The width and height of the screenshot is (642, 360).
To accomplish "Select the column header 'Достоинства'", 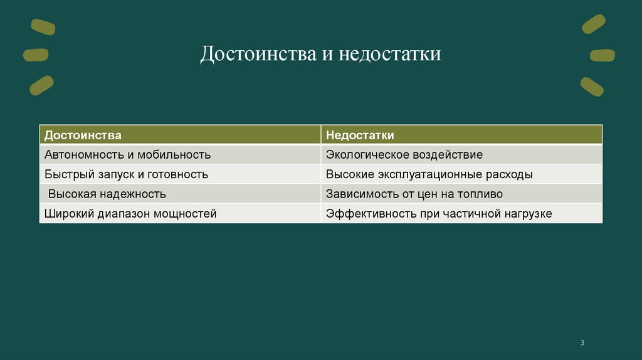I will click(x=83, y=135).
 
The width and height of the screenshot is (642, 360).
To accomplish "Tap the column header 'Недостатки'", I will click(x=360, y=135).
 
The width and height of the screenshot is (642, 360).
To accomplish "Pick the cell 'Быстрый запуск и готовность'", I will click(x=126, y=174).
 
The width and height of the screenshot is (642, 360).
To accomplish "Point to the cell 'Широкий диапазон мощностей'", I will click(x=130, y=214).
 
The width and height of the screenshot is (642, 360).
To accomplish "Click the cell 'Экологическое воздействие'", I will click(x=404, y=154).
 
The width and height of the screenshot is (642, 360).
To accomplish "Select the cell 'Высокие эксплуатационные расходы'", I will click(x=429, y=174).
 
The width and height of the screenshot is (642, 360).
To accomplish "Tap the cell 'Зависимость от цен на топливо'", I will click(x=414, y=194).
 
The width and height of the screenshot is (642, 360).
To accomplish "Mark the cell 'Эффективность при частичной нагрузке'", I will click(x=438, y=214).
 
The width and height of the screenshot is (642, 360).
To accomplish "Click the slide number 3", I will click(x=582, y=342).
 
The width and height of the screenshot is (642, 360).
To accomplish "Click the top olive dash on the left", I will click(x=43, y=26).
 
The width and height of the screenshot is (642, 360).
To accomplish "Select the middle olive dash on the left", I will click(x=36, y=55).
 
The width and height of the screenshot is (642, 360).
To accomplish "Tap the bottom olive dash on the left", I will click(x=41, y=85).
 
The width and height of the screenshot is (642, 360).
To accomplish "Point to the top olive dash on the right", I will click(x=593, y=24).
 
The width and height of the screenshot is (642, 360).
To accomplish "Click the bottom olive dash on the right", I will click(x=592, y=86).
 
